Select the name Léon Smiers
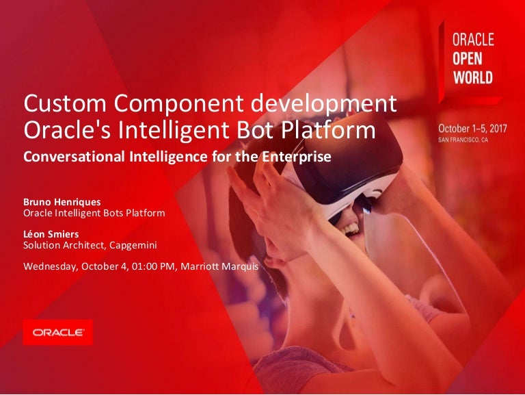51,234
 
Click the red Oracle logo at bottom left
57,333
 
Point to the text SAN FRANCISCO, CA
465,138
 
